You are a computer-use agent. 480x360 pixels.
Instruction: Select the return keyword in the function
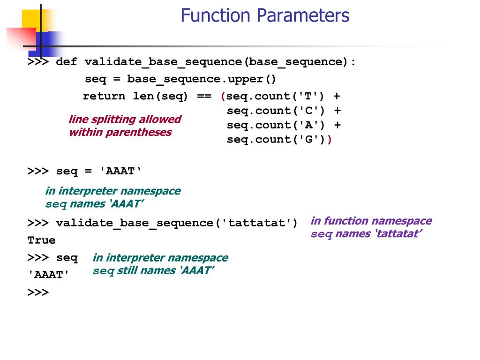[104, 97]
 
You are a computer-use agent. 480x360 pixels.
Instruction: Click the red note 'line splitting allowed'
[125, 120]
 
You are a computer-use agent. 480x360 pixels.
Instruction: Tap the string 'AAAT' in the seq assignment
[120, 172]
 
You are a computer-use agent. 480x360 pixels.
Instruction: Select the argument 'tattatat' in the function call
[256, 223]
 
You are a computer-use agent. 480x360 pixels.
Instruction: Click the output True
[41, 240]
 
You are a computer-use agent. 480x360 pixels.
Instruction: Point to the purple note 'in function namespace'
[371, 221]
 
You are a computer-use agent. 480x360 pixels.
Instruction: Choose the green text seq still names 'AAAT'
[153, 270]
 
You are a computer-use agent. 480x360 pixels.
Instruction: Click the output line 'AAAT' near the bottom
[48, 275]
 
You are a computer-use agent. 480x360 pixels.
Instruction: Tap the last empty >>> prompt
[38, 292]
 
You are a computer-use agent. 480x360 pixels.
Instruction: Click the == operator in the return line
[204, 97]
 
